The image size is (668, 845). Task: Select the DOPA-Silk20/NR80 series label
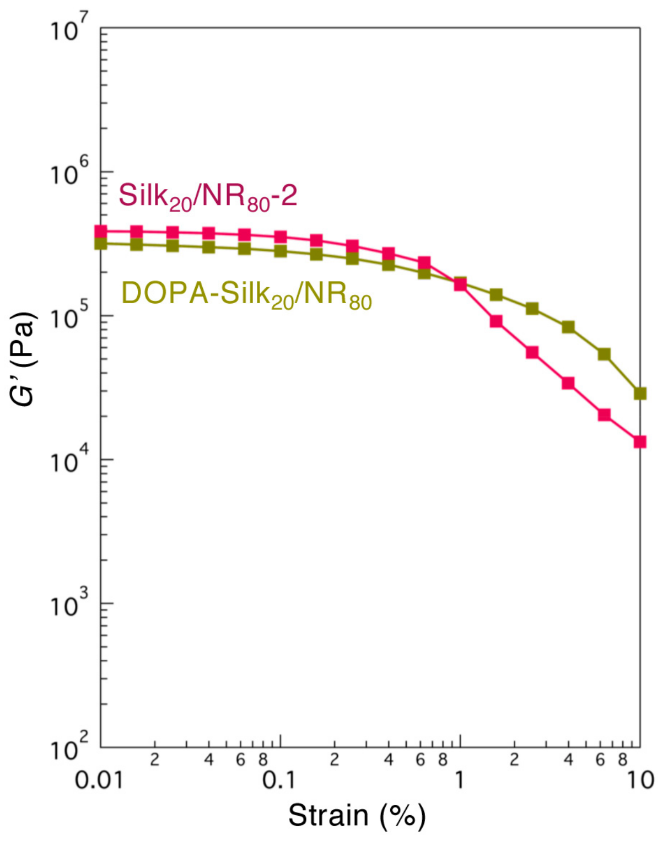(246, 294)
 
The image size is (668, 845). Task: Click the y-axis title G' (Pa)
(25, 358)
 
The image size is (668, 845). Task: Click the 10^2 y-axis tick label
(69, 748)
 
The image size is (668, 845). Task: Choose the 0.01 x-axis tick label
(99, 781)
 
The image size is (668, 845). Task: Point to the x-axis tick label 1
(459, 781)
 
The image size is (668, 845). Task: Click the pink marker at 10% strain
(640, 442)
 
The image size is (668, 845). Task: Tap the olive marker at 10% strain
(640, 394)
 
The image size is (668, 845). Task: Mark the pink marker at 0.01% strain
(101, 232)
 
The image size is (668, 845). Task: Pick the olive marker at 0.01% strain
(101, 243)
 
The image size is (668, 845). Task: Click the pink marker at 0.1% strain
(281, 237)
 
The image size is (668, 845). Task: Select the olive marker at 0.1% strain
(281, 251)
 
